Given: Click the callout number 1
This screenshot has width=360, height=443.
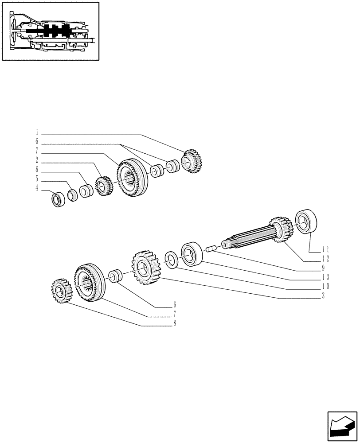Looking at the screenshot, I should pos(37,132).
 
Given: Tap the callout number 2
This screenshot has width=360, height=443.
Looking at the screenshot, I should pos(37,160).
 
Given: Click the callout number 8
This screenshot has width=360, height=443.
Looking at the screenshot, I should pos(175,323).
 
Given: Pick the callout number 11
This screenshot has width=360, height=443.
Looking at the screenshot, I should pos(325,249).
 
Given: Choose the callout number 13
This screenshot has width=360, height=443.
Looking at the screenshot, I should pos(325,277).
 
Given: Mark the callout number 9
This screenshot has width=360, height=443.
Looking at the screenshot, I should pos(324,268).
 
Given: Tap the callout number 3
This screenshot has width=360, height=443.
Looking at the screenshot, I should pos(324,296).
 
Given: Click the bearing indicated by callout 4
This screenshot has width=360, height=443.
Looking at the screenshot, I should pos(59,199).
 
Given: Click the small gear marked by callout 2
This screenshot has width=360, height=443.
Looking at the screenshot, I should pos(103,186).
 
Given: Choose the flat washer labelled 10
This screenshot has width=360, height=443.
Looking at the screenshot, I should pos(171,260).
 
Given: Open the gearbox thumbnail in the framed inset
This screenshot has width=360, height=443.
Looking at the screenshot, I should pos(50,31).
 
